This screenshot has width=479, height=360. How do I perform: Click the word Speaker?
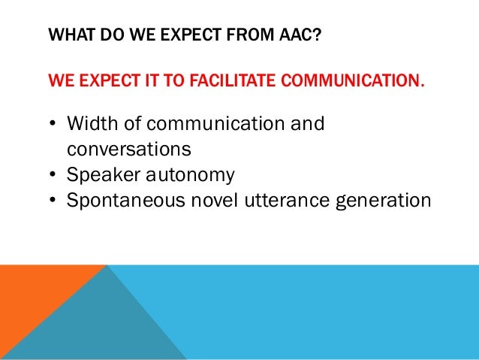tap(101, 175)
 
